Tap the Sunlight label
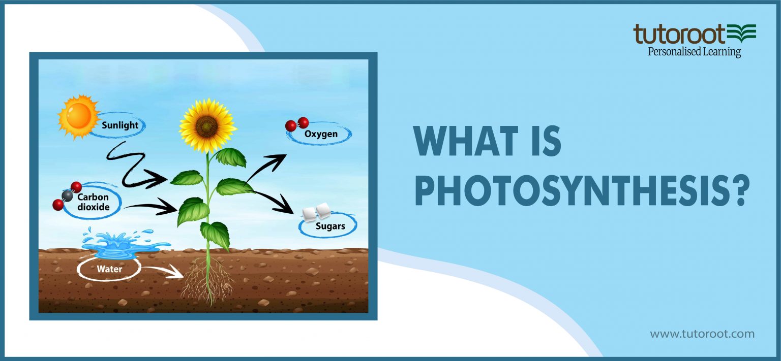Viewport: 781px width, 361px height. coord(119,125)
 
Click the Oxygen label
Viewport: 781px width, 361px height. coord(321,135)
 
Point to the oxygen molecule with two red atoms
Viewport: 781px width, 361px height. coord(297,124)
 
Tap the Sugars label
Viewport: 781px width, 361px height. coord(330,226)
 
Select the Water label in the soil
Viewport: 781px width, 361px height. coord(109,269)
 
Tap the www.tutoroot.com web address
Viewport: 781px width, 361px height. coord(702,334)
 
